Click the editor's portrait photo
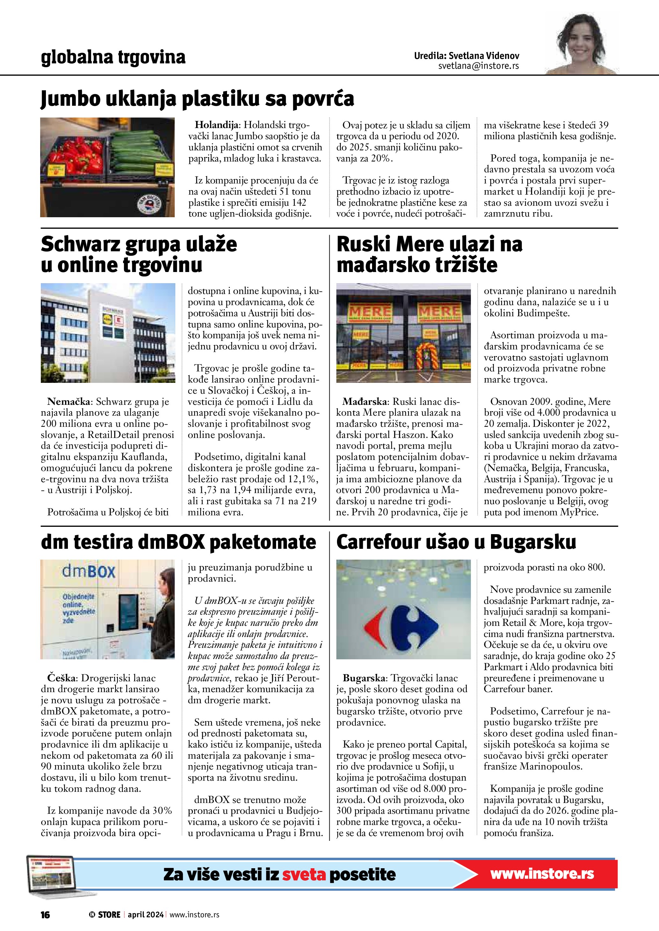tap(582, 45)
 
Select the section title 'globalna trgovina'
tap(113, 57)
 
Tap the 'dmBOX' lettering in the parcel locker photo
tap(88, 572)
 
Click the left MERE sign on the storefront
tap(370, 312)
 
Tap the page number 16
tap(45, 915)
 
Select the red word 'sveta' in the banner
tap(304, 875)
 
